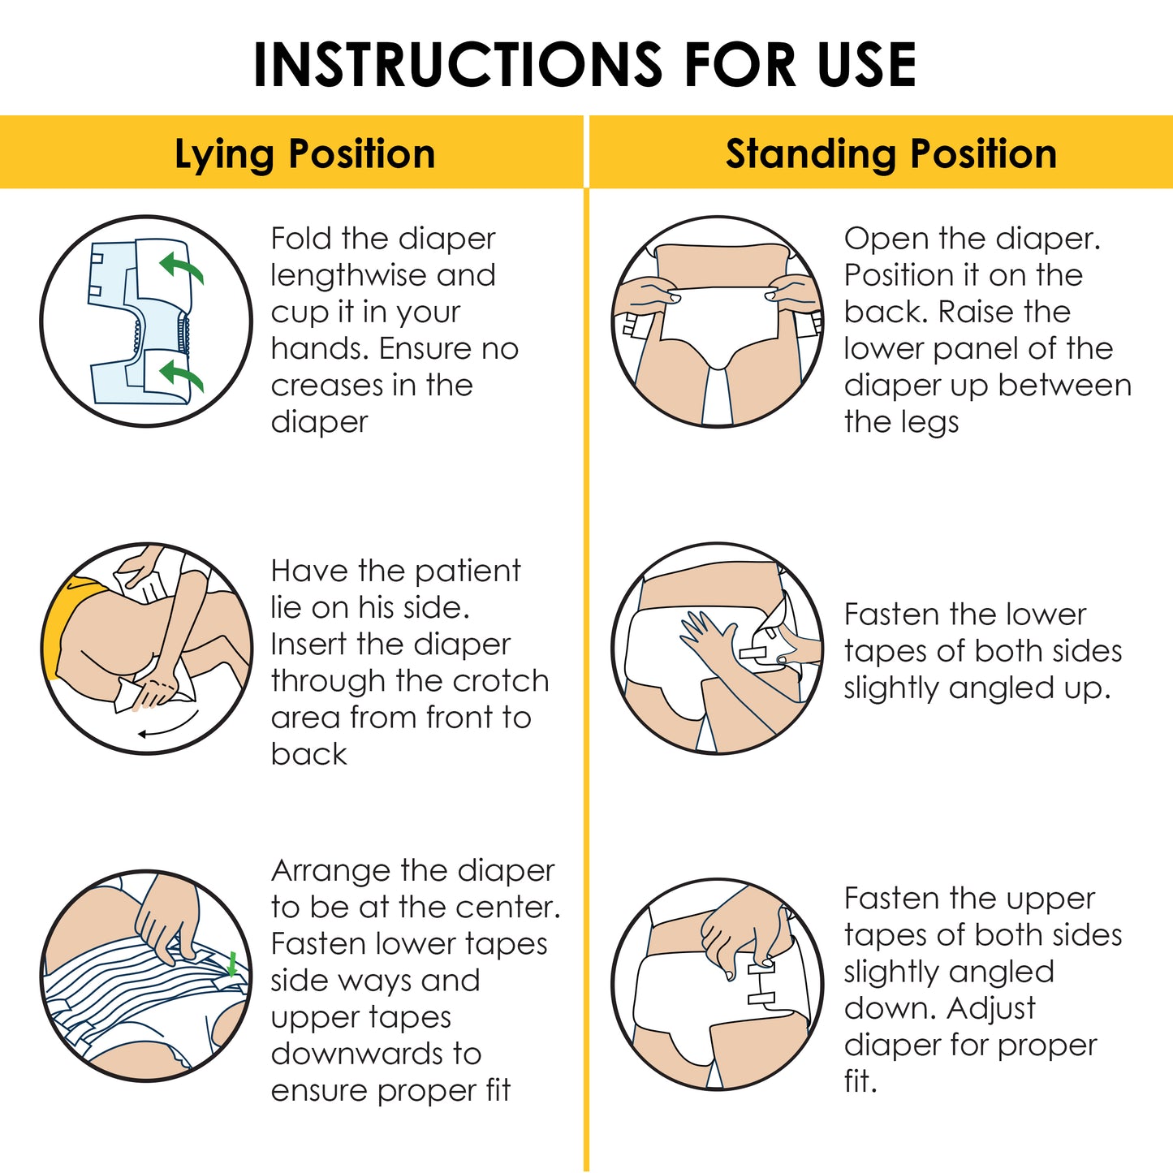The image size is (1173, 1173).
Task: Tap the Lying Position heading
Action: pos(305,154)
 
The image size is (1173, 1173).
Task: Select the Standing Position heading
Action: pos(891,154)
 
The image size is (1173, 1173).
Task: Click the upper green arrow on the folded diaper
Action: pos(181,269)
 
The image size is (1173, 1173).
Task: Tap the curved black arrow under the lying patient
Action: pos(169,725)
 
